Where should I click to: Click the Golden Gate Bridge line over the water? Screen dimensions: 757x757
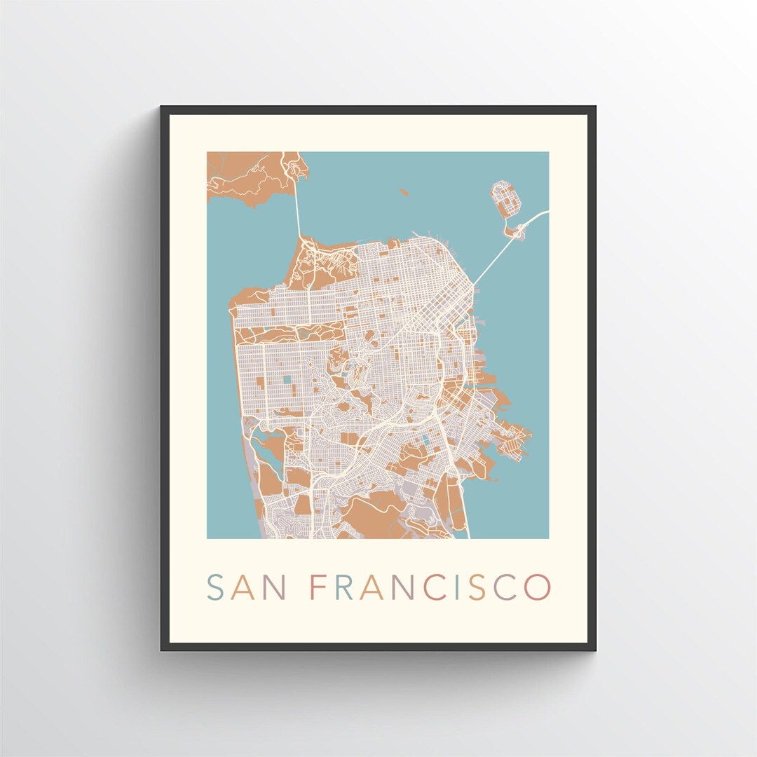click(x=297, y=210)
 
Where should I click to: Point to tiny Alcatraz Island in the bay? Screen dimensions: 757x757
click(x=404, y=191)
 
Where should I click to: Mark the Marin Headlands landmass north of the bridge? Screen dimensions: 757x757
click(x=245, y=175)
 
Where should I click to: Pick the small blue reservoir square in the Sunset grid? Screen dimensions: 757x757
click(x=287, y=379)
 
